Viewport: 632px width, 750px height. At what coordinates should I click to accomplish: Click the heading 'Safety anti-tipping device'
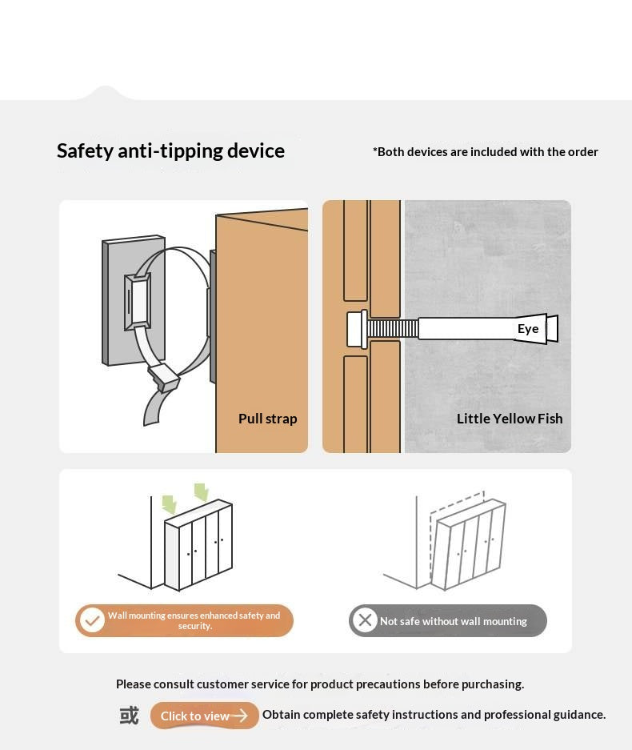click(170, 151)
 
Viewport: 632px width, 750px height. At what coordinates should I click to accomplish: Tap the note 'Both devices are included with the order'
click(486, 152)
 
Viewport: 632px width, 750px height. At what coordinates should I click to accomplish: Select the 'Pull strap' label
click(268, 419)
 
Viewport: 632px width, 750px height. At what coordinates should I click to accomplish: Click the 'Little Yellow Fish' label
click(510, 419)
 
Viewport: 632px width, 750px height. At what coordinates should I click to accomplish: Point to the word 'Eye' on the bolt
click(528, 329)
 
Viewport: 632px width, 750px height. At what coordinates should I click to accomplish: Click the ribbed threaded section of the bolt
click(393, 329)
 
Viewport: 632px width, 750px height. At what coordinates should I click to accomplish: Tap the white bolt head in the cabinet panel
click(357, 329)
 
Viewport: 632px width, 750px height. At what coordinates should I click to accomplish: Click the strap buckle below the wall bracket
click(164, 376)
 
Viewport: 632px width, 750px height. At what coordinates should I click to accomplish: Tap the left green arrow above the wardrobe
click(170, 504)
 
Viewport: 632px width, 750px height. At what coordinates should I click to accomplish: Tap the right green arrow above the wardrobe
click(202, 491)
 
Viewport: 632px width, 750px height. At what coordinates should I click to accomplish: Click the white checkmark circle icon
click(92, 620)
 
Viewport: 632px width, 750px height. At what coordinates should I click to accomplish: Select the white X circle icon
click(366, 620)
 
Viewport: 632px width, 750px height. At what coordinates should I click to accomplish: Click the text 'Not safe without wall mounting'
click(454, 621)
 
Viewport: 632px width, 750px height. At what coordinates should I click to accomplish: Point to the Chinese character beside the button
click(129, 716)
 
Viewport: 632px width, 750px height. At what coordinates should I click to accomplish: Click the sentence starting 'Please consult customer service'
click(320, 684)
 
